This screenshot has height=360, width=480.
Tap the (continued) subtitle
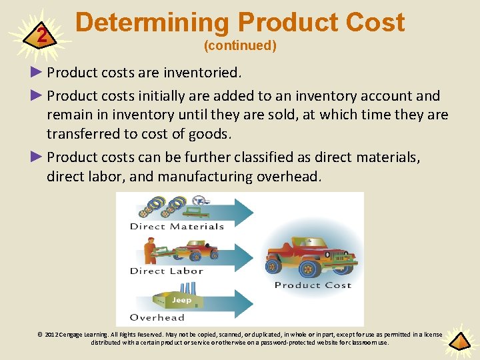[x=240, y=45]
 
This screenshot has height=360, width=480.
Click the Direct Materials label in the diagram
[x=177, y=227]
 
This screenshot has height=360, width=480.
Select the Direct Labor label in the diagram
[x=166, y=271]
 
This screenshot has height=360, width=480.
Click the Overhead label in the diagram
[x=157, y=317]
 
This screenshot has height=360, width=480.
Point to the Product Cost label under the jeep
[x=313, y=285]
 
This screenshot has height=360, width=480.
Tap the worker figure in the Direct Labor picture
[x=151, y=251]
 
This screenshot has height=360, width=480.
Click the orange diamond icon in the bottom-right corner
[x=459, y=341]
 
